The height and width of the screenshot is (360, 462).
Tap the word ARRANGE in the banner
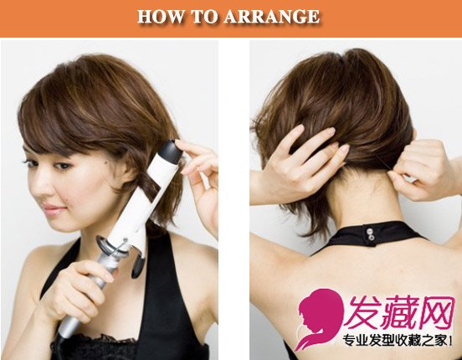pos(272,16)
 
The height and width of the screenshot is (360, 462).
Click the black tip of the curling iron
pos(170,152)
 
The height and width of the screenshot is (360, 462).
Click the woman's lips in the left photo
pos(53,209)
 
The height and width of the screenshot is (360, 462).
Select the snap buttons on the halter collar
pos(369,234)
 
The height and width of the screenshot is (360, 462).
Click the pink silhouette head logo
pos(320,318)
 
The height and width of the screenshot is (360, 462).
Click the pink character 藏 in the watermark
pos(399,313)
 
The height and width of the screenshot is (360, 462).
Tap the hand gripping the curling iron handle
pos(75,292)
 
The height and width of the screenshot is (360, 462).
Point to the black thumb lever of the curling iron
pos(138,267)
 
